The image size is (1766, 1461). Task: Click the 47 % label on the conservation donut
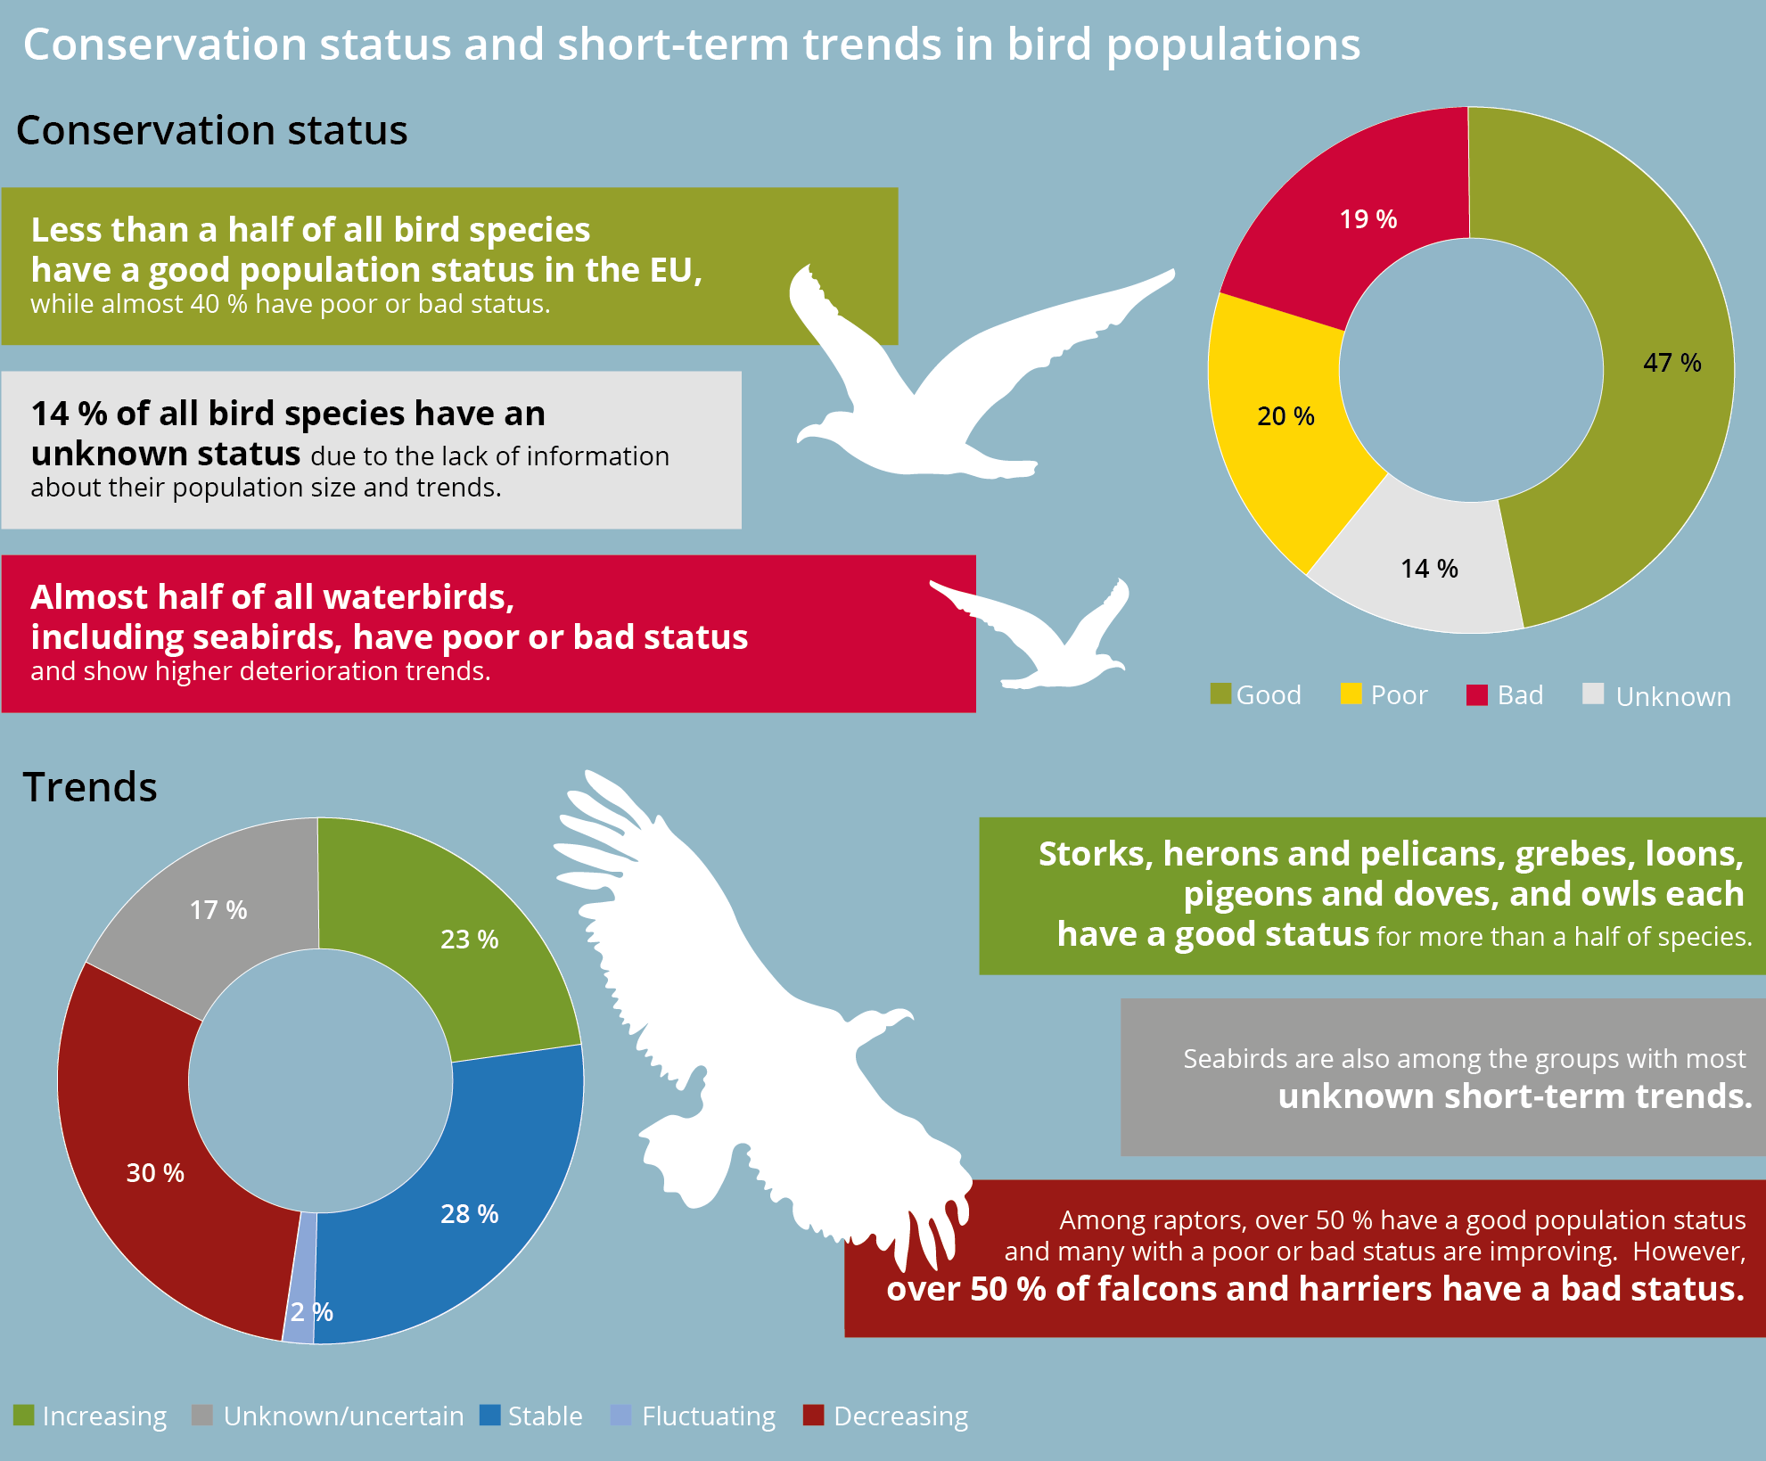tap(1672, 363)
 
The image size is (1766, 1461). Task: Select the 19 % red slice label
tap(1368, 219)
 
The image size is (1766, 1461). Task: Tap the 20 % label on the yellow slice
tap(1285, 416)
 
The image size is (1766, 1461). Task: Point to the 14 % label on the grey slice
tap(1429, 569)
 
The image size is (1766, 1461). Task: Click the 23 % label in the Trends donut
tap(470, 940)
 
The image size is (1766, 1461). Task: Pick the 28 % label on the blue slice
tap(470, 1214)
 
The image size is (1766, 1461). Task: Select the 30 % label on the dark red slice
tap(155, 1173)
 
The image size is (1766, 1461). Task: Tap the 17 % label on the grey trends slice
tap(218, 910)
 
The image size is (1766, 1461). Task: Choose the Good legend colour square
tap(1220, 694)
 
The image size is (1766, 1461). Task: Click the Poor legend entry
tap(1384, 694)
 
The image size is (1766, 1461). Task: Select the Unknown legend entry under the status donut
tap(1656, 695)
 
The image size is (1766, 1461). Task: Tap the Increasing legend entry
tap(90, 1416)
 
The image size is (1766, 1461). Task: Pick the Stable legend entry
tap(531, 1416)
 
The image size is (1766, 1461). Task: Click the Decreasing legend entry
tap(885, 1416)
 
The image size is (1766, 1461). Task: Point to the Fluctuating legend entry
tap(693, 1416)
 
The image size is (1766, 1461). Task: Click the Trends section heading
tap(90, 787)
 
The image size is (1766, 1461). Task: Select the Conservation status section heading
tap(212, 130)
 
